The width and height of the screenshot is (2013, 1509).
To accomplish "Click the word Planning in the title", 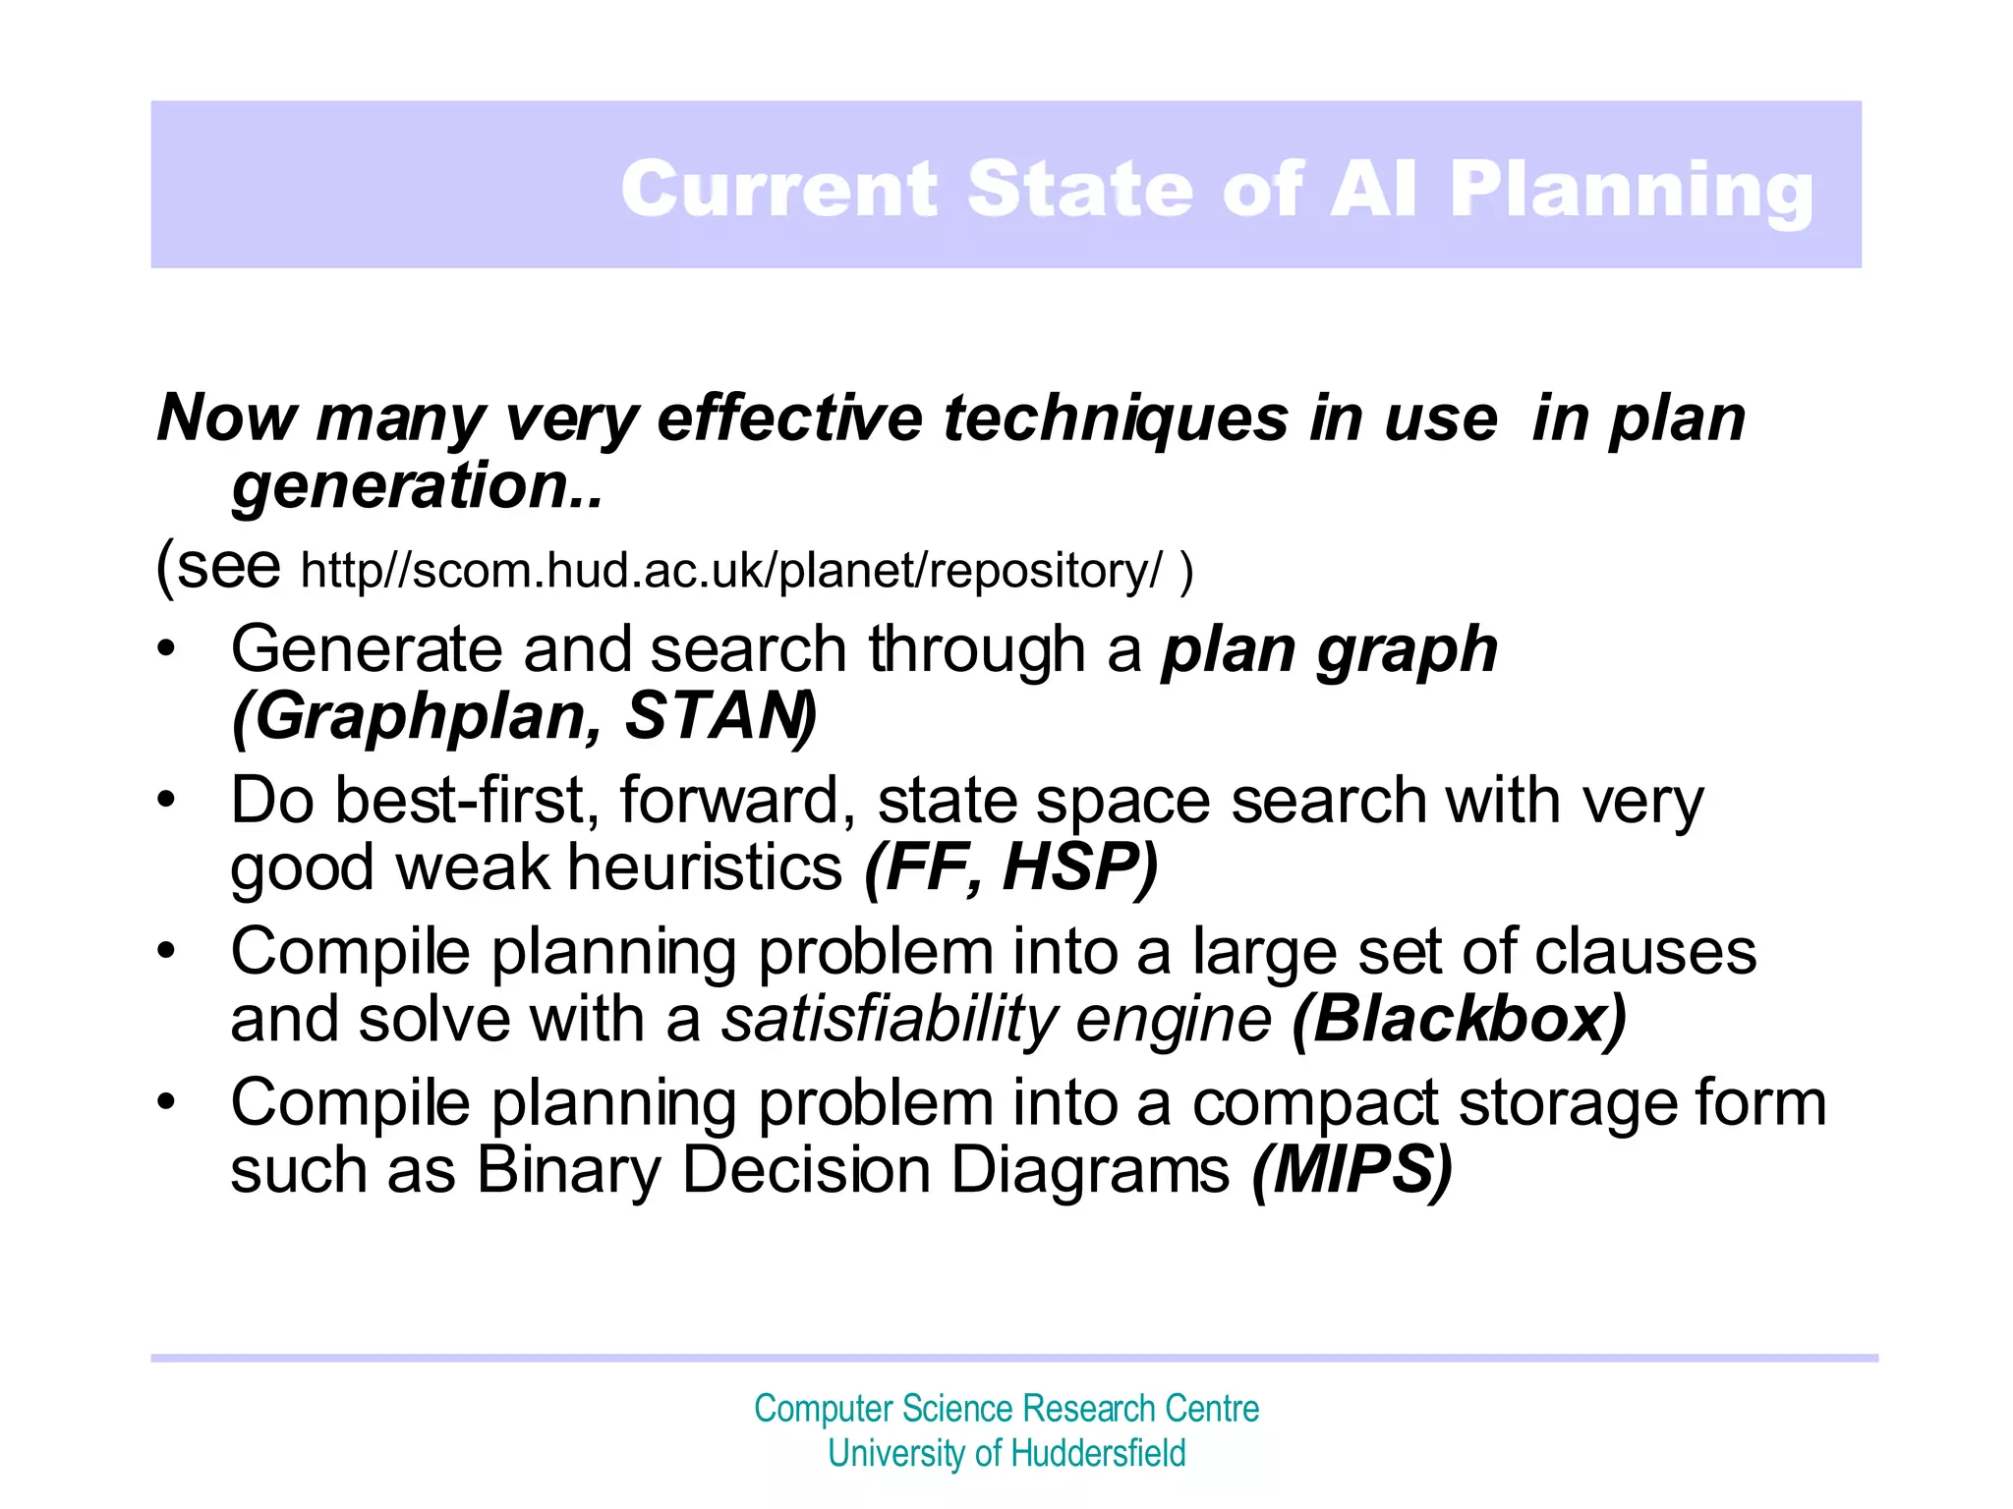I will tap(1632, 190).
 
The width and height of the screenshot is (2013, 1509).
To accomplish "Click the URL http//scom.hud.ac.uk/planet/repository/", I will tap(731, 571).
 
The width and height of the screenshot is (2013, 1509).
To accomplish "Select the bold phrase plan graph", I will tap(1330, 650).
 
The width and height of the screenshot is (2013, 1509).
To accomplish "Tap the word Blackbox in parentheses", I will tap(1459, 1019).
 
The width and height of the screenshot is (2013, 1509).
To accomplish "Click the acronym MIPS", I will tap(1352, 1170).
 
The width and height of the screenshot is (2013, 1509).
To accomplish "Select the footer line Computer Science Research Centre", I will tap(1006, 1409).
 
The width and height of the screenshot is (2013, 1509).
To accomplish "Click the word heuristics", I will tap(705, 867).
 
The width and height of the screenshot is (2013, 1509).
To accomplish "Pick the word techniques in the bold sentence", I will tap(1115, 419).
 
